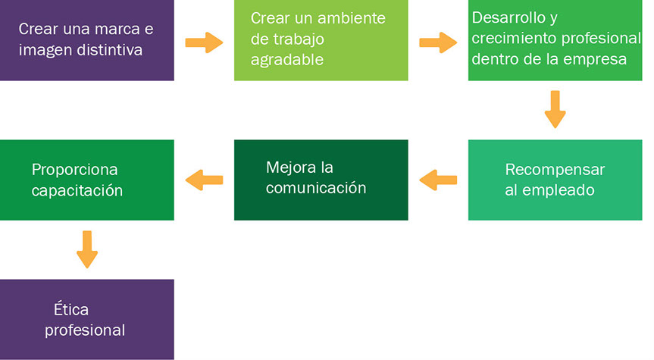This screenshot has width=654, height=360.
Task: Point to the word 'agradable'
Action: (287, 60)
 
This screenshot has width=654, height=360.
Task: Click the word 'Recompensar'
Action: (555, 170)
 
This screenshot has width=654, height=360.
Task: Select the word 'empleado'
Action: (559, 190)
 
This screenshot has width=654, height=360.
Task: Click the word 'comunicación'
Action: (316, 188)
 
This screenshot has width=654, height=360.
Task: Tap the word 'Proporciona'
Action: (75, 170)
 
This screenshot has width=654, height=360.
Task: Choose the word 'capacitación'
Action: (77, 191)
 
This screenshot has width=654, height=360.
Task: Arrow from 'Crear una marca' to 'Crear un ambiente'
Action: (204, 42)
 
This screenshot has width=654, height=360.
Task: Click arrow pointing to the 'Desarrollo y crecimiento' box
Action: (438, 42)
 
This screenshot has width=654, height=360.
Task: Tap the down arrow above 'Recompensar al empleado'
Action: (555, 109)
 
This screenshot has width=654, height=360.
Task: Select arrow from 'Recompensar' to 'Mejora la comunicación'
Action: (438, 180)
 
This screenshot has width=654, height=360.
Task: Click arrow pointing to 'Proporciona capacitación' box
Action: (204, 180)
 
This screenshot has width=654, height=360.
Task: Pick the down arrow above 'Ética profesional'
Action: (87, 249)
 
